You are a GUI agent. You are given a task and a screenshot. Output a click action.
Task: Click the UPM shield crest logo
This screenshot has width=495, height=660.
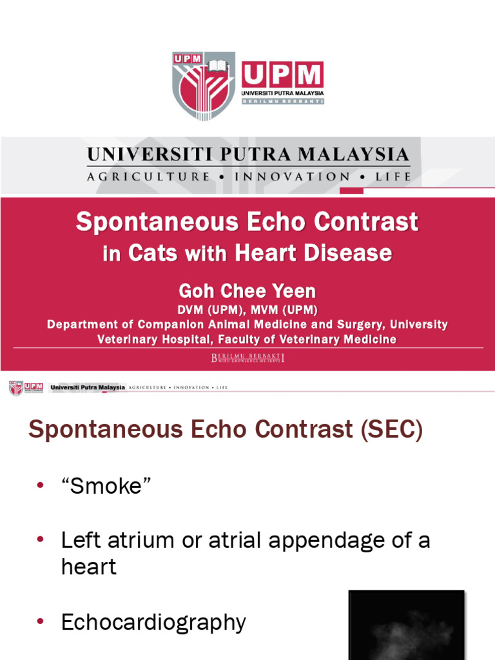click(x=202, y=85)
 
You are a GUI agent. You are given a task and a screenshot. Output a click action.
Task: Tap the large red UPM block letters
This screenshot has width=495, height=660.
click(x=282, y=76)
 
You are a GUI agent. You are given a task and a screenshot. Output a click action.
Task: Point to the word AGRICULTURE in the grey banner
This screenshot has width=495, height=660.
click(x=148, y=176)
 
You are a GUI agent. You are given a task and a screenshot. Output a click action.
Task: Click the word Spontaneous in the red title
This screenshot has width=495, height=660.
click(x=157, y=222)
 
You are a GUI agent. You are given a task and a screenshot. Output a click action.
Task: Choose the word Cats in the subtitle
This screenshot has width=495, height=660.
click(x=153, y=253)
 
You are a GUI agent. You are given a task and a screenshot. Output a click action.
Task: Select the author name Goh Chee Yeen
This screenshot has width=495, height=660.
click(x=247, y=291)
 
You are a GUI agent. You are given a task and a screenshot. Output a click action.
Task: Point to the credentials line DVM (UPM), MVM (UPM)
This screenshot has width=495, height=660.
click(x=247, y=310)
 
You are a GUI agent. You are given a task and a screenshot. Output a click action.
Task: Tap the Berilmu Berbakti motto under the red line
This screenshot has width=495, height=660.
click(x=247, y=358)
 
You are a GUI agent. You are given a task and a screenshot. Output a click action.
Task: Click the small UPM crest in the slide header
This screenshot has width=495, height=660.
click(x=15, y=388)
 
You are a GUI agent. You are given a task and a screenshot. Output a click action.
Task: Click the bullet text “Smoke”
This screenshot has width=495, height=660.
click(x=106, y=486)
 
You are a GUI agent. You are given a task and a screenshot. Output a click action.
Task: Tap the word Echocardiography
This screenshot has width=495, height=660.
click(x=153, y=623)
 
